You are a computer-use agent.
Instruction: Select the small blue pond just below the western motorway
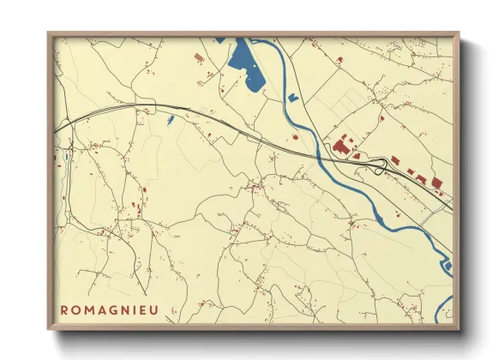coord(171,119)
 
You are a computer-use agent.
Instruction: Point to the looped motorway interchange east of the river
coord(377,165)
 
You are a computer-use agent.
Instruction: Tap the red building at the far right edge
coord(436,182)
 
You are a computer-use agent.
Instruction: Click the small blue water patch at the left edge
coord(64,159)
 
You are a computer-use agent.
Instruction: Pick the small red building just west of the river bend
coord(296,136)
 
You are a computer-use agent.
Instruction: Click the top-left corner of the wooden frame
coord(50,33)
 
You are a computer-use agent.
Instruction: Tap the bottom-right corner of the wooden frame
coord(459,328)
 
